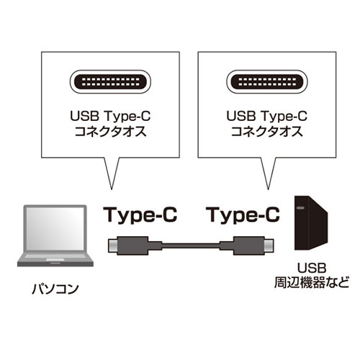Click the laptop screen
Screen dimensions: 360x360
[x=55, y=228]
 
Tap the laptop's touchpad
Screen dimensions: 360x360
[x=55, y=260]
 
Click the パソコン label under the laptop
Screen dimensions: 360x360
[x=55, y=289]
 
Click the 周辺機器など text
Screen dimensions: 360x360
[x=312, y=282]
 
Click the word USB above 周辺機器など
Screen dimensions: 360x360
[x=312, y=268]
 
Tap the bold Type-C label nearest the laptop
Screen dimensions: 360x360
[x=140, y=215]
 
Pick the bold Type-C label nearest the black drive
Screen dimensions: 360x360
[x=244, y=215]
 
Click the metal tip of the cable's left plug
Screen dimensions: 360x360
[x=112, y=246]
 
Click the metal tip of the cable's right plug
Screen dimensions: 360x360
[x=269, y=246]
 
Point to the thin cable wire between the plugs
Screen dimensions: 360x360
[x=191, y=246]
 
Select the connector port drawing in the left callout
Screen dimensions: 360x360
[x=110, y=82]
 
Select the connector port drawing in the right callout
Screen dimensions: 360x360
[x=267, y=82]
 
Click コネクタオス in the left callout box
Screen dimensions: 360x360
[x=110, y=132]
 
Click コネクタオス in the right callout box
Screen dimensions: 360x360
[x=267, y=132]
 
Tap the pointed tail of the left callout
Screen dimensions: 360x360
[x=112, y=189]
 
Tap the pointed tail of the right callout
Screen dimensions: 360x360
[x=268, y=189]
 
